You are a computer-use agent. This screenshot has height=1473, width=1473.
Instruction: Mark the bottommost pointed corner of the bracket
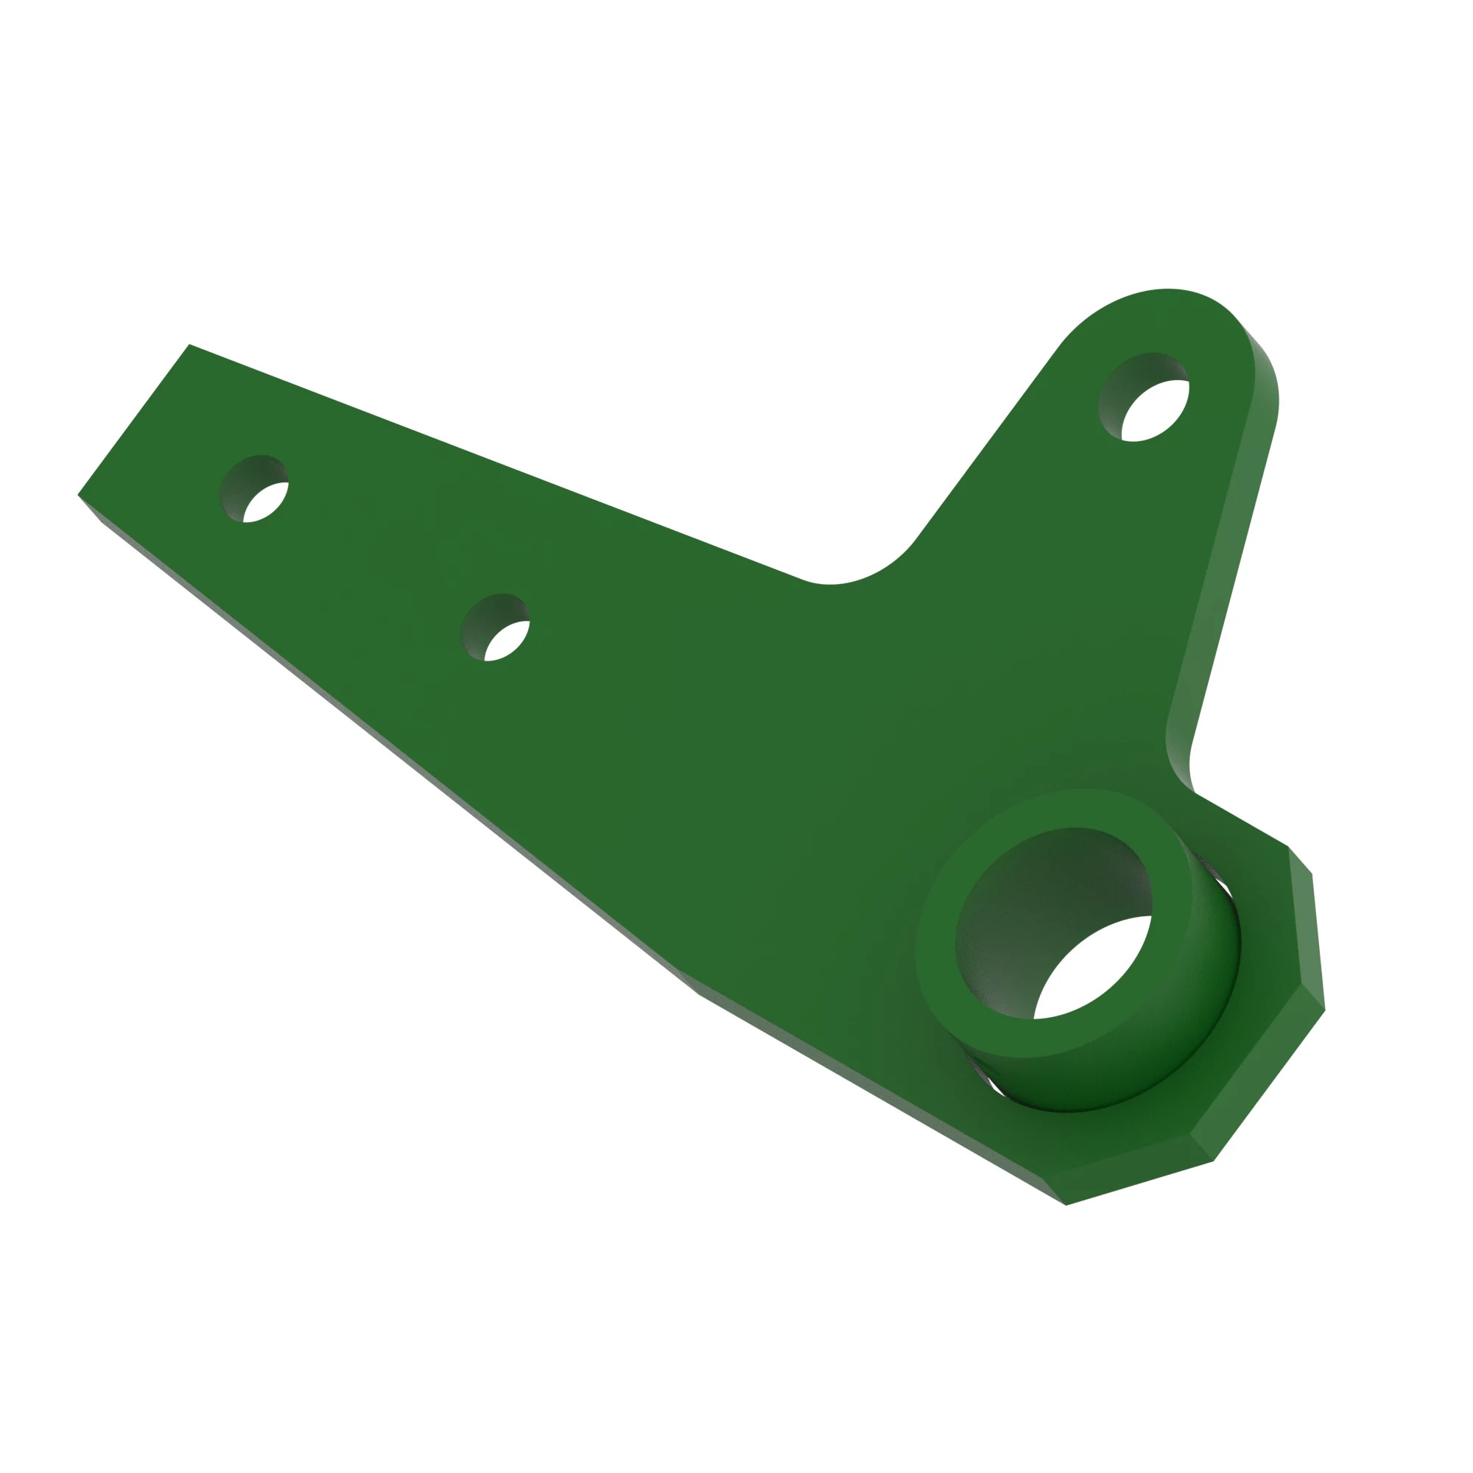(1066, 1206)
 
